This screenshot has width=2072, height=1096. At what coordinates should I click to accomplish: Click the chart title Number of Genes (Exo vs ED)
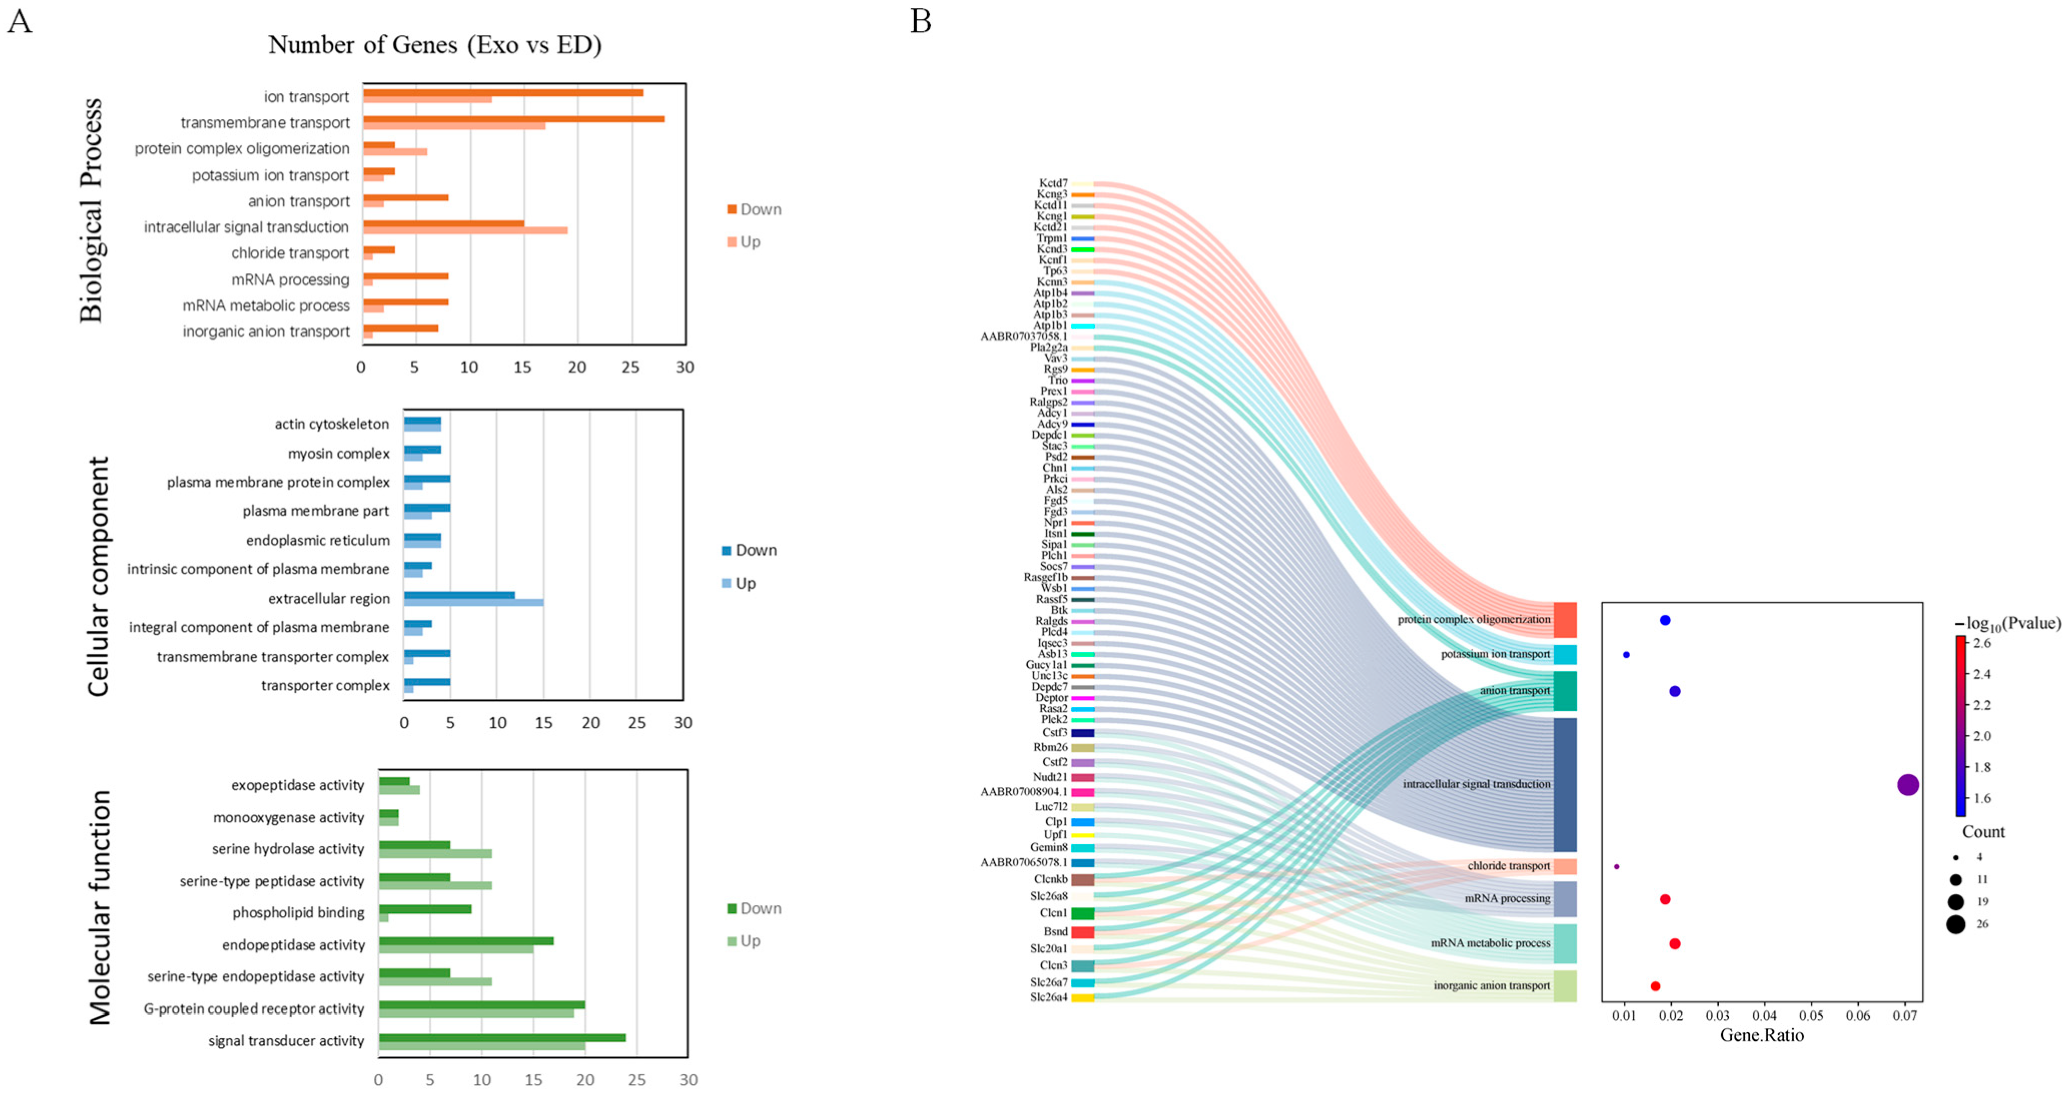(435, 45)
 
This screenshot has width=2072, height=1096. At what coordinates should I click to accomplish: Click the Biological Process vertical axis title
(91, 211)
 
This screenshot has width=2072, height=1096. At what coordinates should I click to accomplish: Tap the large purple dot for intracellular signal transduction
(1908, 785)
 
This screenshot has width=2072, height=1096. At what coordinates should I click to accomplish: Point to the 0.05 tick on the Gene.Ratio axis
(1811, 1015)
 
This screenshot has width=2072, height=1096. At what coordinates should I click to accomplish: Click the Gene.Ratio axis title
(1762, 1035)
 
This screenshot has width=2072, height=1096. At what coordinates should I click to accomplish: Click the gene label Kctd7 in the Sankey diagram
(1053, 183)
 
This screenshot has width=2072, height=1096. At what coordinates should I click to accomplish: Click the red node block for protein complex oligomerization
(1564, 620)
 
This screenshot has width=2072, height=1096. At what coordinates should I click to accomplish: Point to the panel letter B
(921, 21)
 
